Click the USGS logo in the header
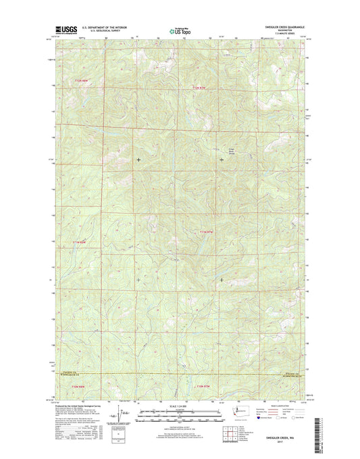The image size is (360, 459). pos(66,30)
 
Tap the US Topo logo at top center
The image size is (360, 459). pos(179,30)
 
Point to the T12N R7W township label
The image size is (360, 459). pos(197,88)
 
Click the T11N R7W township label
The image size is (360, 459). pos(207,233)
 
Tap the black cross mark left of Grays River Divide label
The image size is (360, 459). pos(222,160)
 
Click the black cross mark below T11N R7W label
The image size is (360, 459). pos(222,279)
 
